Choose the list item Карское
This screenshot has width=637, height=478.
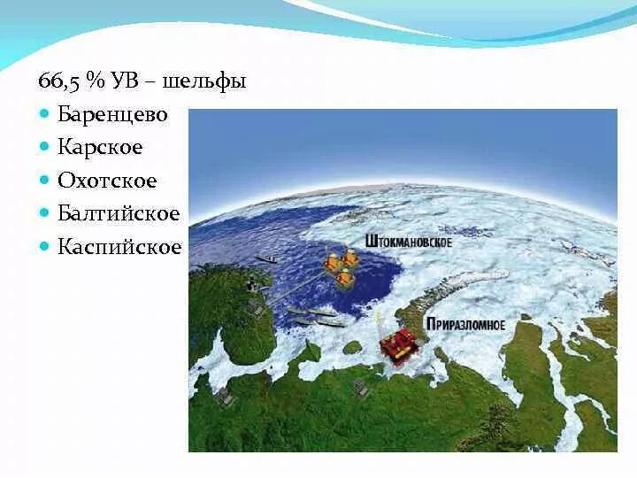pyautogui.click(x=99, y=147)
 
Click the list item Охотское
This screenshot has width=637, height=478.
pyautogui.click(x=107, y=181)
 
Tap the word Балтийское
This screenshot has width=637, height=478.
pyautogui.click(x=118, y=213)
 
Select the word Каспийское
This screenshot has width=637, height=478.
pyautogui.click(x=119, y=246)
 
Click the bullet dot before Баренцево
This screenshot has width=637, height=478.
pyautogui.click(x=45, y=114)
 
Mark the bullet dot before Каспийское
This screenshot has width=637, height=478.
pyautogui.click(x=45, y=246)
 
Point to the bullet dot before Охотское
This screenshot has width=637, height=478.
pyautogui.click(x=45, y=181)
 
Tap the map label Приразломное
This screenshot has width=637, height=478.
pyautogui.click(x=465, y=325)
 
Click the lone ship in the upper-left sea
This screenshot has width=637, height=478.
pyautogui.click(x=265, y=259)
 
